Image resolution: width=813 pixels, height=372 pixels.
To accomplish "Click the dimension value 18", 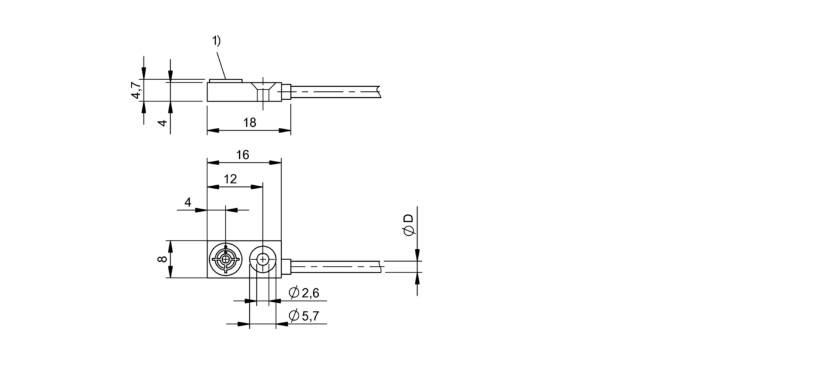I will [x=250, y=122].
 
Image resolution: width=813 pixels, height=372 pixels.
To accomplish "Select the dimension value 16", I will [x=242, y=155].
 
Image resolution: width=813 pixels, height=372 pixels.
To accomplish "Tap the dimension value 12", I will [x=230, y=179].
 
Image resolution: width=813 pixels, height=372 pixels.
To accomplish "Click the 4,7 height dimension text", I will [x=136, y=90].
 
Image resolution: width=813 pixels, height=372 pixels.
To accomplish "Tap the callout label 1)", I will [x=216, y=41].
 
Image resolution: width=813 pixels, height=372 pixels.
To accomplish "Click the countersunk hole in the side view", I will [x=263, y=92].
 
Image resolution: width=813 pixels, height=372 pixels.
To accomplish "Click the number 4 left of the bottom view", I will [x=188, y=202].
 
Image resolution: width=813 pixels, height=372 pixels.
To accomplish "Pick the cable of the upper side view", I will [x=336, y=92].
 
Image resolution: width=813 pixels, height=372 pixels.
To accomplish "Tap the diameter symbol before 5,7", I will [x=294, y=317].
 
